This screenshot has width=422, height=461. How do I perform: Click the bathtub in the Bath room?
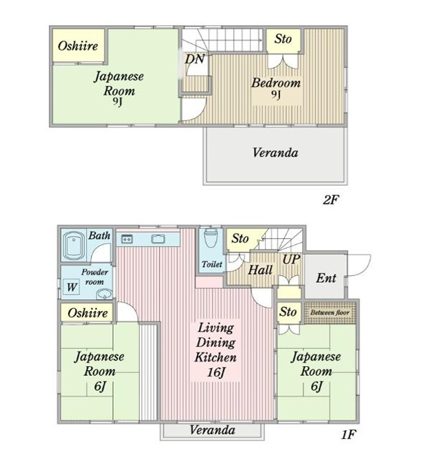pos(73,246)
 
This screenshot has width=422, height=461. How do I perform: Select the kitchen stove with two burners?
pos(127,239)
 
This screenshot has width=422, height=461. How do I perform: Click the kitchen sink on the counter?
pos(158,239)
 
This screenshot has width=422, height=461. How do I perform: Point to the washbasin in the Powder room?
pos(104,294)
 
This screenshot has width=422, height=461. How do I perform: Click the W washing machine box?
pos(72,287)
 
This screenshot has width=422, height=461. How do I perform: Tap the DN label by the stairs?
pos(194,59)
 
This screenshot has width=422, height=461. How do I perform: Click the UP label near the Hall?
pos(291,259)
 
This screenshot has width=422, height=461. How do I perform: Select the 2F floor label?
pos(331,200)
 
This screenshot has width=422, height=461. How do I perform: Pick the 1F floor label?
pos(349,434)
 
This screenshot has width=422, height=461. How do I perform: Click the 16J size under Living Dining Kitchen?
pos(216,372)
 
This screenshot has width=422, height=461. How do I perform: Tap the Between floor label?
pos(330,312)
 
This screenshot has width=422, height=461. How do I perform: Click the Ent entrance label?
pos(326,278)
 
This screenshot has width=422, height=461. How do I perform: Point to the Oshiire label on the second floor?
pos(78,46)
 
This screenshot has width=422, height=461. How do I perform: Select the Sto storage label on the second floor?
pos(283,39)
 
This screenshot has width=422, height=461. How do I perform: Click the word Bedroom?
pos(276,83)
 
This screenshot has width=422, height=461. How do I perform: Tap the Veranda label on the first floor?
pos(212,430)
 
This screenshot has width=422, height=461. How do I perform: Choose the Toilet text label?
pos(212,264)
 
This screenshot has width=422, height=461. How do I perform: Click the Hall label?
pos(260,270)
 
